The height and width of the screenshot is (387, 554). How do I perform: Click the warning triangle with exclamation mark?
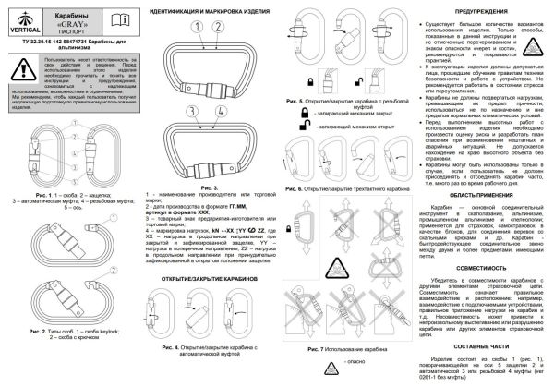[17, 67]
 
